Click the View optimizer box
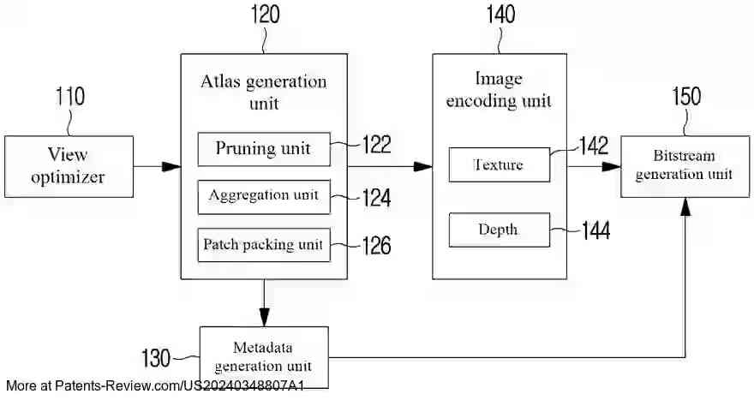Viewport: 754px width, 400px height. (x=69, y=166)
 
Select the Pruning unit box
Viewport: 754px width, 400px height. (x=264, y=149)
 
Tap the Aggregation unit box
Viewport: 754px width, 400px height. (x=264, y=196)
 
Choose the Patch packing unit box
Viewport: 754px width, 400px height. (x=264, y=245)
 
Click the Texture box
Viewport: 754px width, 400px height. (x=499, y=164)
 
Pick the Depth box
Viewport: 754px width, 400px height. (x=499, y=230)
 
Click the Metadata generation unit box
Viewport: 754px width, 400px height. (x=264, y=356)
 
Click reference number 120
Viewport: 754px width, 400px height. (x=263, y=15)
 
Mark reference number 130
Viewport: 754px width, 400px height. (x=159, y=356)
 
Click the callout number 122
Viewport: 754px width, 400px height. (x=376, y=144)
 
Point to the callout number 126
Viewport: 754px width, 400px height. (x=376, y=246)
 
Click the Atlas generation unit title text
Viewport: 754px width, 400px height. (x=263, y=93)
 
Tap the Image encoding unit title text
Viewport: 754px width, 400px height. (x=499, y=90)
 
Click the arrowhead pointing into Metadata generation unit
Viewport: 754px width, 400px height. (x=264, y=318)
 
